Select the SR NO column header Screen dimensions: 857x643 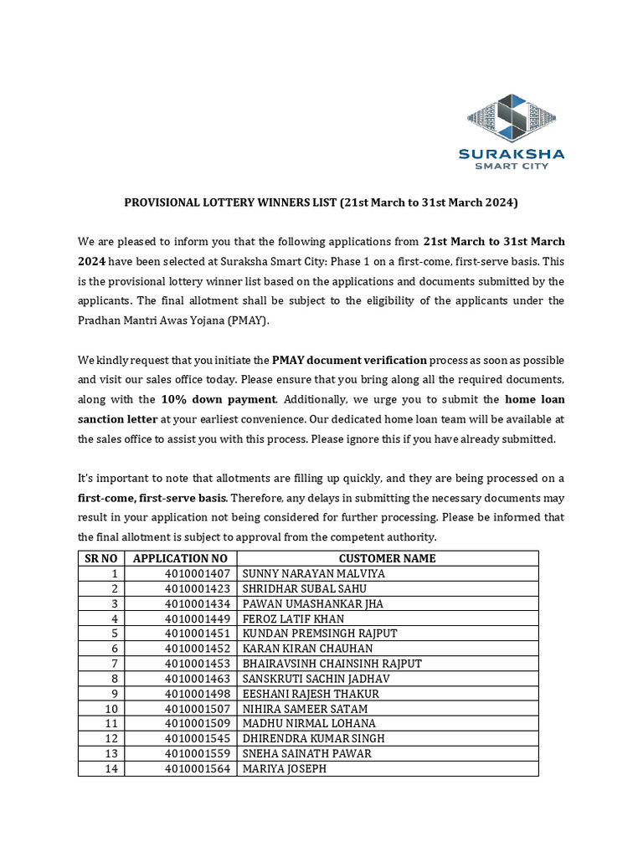coord(101,558)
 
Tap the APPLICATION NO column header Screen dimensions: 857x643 coord(180,558)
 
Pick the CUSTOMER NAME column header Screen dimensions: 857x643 coord(387,558)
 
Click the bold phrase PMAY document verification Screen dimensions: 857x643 coord(349,360)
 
